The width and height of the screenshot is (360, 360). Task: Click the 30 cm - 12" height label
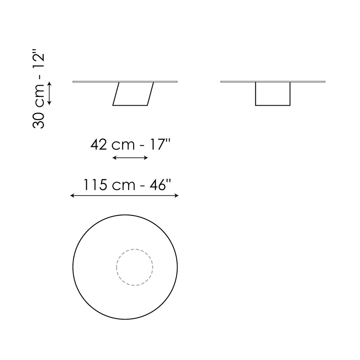(38, 89)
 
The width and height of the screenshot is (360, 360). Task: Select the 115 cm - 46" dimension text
(127, 185)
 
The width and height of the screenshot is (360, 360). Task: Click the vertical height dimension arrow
(49, 93)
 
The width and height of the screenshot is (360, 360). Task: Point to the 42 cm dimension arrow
(130, 158)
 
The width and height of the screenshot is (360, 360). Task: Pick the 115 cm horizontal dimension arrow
(124, 196)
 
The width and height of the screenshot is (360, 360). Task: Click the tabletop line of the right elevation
(273, 82)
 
